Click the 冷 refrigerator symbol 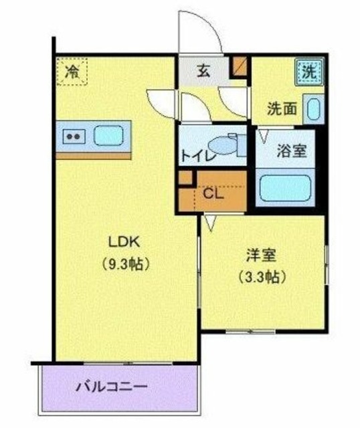[70, 72]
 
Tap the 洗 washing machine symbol [309, 70]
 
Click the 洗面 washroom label [281, 108]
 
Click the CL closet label [213, 195]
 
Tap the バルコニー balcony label [111, 387]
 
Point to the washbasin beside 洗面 [312, 108]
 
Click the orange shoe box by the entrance [240, 66]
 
